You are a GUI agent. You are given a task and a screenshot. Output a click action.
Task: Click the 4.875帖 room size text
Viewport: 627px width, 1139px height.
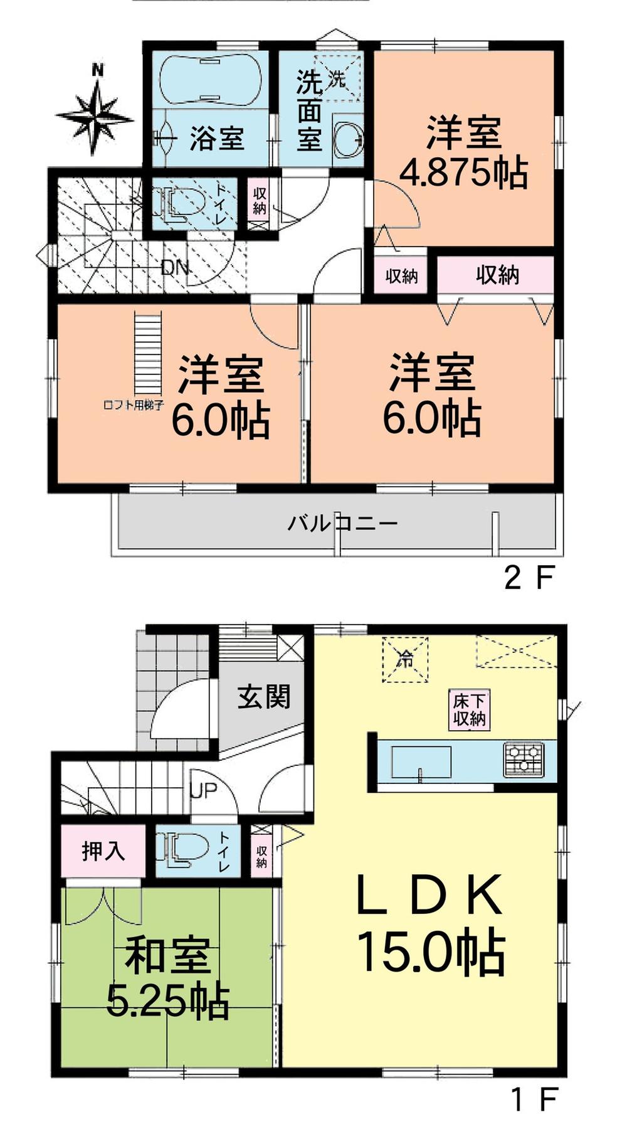tap(463, 172)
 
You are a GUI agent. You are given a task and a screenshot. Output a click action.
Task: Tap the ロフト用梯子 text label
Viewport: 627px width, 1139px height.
tap(134, 405)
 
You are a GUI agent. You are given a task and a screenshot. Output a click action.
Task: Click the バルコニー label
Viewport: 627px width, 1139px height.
tap(342, 522)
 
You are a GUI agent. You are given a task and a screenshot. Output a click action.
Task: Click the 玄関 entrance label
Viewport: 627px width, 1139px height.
tap(264, 696)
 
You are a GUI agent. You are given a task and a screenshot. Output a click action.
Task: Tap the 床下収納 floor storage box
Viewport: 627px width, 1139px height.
tap(470, 710)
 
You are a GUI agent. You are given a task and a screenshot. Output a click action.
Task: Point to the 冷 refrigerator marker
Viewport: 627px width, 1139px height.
tap(406, 659)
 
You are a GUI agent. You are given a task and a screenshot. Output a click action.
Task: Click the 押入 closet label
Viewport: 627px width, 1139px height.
tap(103, 851)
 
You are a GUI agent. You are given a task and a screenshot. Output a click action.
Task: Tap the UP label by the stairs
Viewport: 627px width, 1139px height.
tap(203, 791)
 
